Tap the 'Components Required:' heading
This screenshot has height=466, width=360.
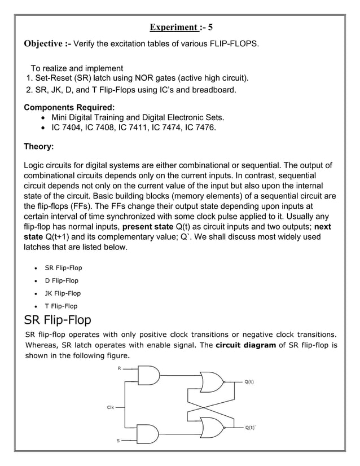(69, 107)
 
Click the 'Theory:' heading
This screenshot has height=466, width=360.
(39, 147)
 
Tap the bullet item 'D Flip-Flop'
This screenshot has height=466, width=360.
(62, 280)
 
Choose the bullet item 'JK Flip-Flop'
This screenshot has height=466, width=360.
(63, 293)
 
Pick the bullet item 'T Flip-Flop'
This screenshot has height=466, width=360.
(61, 306)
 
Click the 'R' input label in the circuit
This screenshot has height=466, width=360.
(118, 368)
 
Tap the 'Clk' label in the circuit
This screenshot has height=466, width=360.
(111, 406)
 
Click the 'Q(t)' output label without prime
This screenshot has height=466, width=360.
(249, 382)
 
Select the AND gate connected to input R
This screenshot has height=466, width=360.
(148, 375)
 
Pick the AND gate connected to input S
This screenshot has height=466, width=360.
(148, 434)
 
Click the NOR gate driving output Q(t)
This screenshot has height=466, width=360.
(212, 382)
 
